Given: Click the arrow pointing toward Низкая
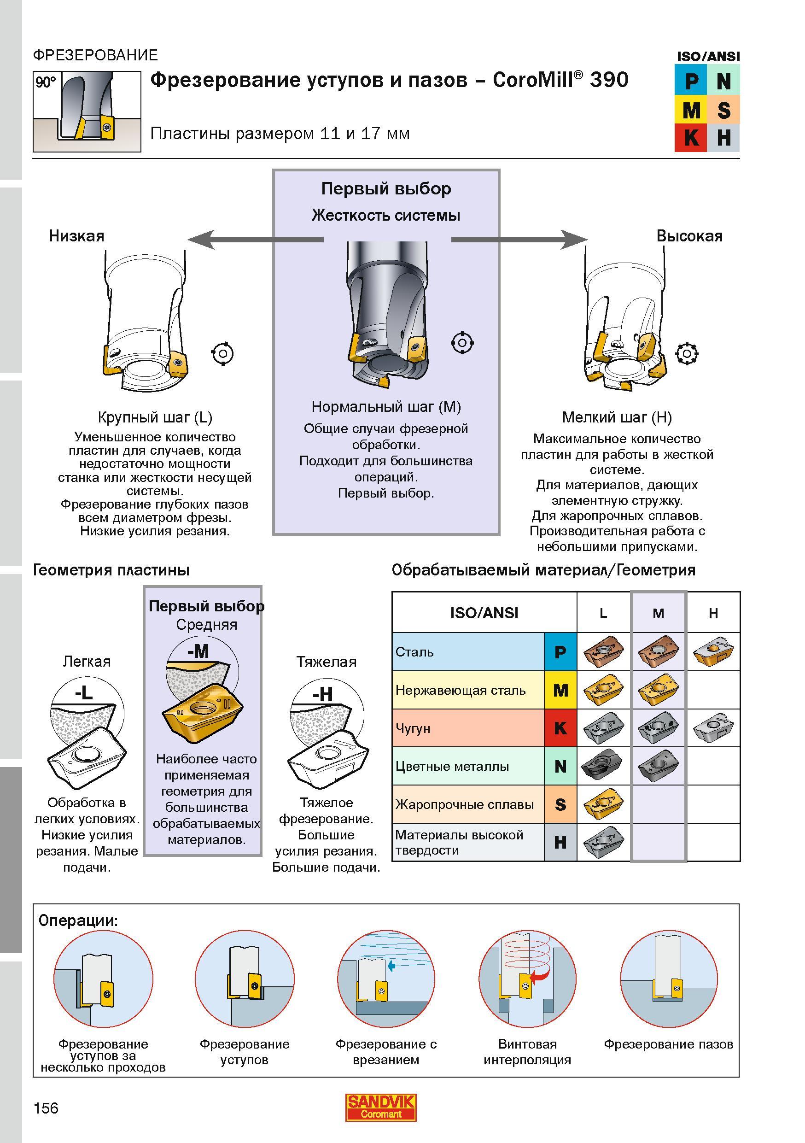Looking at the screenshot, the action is [x=255, y=240].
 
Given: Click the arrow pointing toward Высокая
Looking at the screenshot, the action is [x=519, y=240].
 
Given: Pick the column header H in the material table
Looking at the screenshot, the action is [x=713, y=613].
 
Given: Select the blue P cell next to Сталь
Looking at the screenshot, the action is [x=560, y=651].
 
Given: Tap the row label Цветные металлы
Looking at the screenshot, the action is [x=452, y=766].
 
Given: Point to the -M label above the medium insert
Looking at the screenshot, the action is [x=198, y=651].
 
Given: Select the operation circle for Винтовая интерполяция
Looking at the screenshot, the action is [x=527, y=979].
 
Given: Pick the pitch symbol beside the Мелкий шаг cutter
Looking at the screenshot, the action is [x=687, y=354].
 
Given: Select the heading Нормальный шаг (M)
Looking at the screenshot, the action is [x=386, y=407].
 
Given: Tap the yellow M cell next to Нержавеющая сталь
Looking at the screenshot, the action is [x=560, y=690].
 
